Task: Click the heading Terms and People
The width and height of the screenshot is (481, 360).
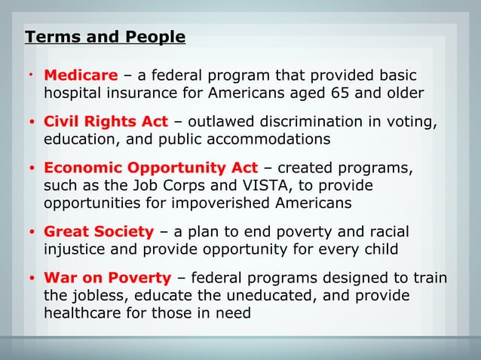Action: (105, 37)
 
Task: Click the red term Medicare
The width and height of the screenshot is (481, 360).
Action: (81, 75)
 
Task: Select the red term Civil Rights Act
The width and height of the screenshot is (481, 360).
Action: (106, 122)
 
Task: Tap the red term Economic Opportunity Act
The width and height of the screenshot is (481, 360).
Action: (151, 168)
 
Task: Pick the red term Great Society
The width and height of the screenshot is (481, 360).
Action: (99, 232)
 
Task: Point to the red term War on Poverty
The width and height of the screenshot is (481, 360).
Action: (108, 279)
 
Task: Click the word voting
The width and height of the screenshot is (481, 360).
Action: (412, 122)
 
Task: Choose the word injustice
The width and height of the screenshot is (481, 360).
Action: (78, 250)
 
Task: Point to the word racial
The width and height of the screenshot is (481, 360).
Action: (387, 232)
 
